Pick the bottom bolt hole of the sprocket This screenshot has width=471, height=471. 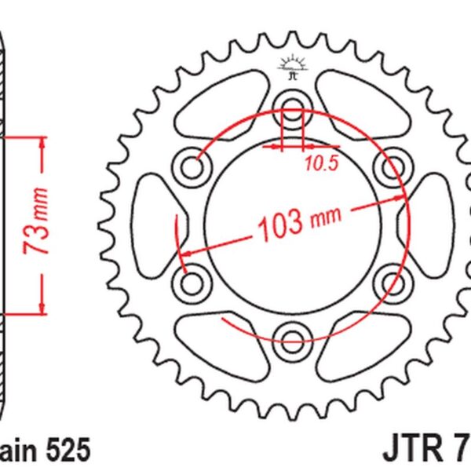(292, 338)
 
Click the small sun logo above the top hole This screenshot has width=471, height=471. (292, 66)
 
